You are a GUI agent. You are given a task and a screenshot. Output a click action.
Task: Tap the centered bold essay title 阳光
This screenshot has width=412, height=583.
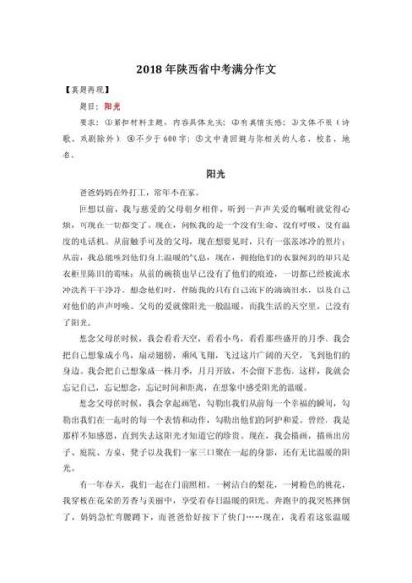tap(205, 173)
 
